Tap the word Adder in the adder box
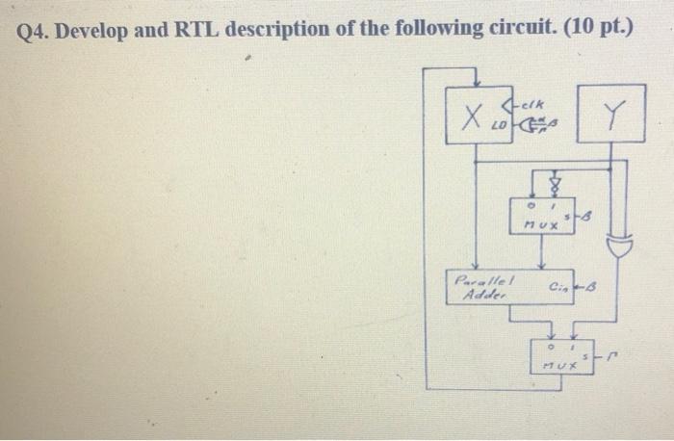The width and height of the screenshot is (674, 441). (478, 297)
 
